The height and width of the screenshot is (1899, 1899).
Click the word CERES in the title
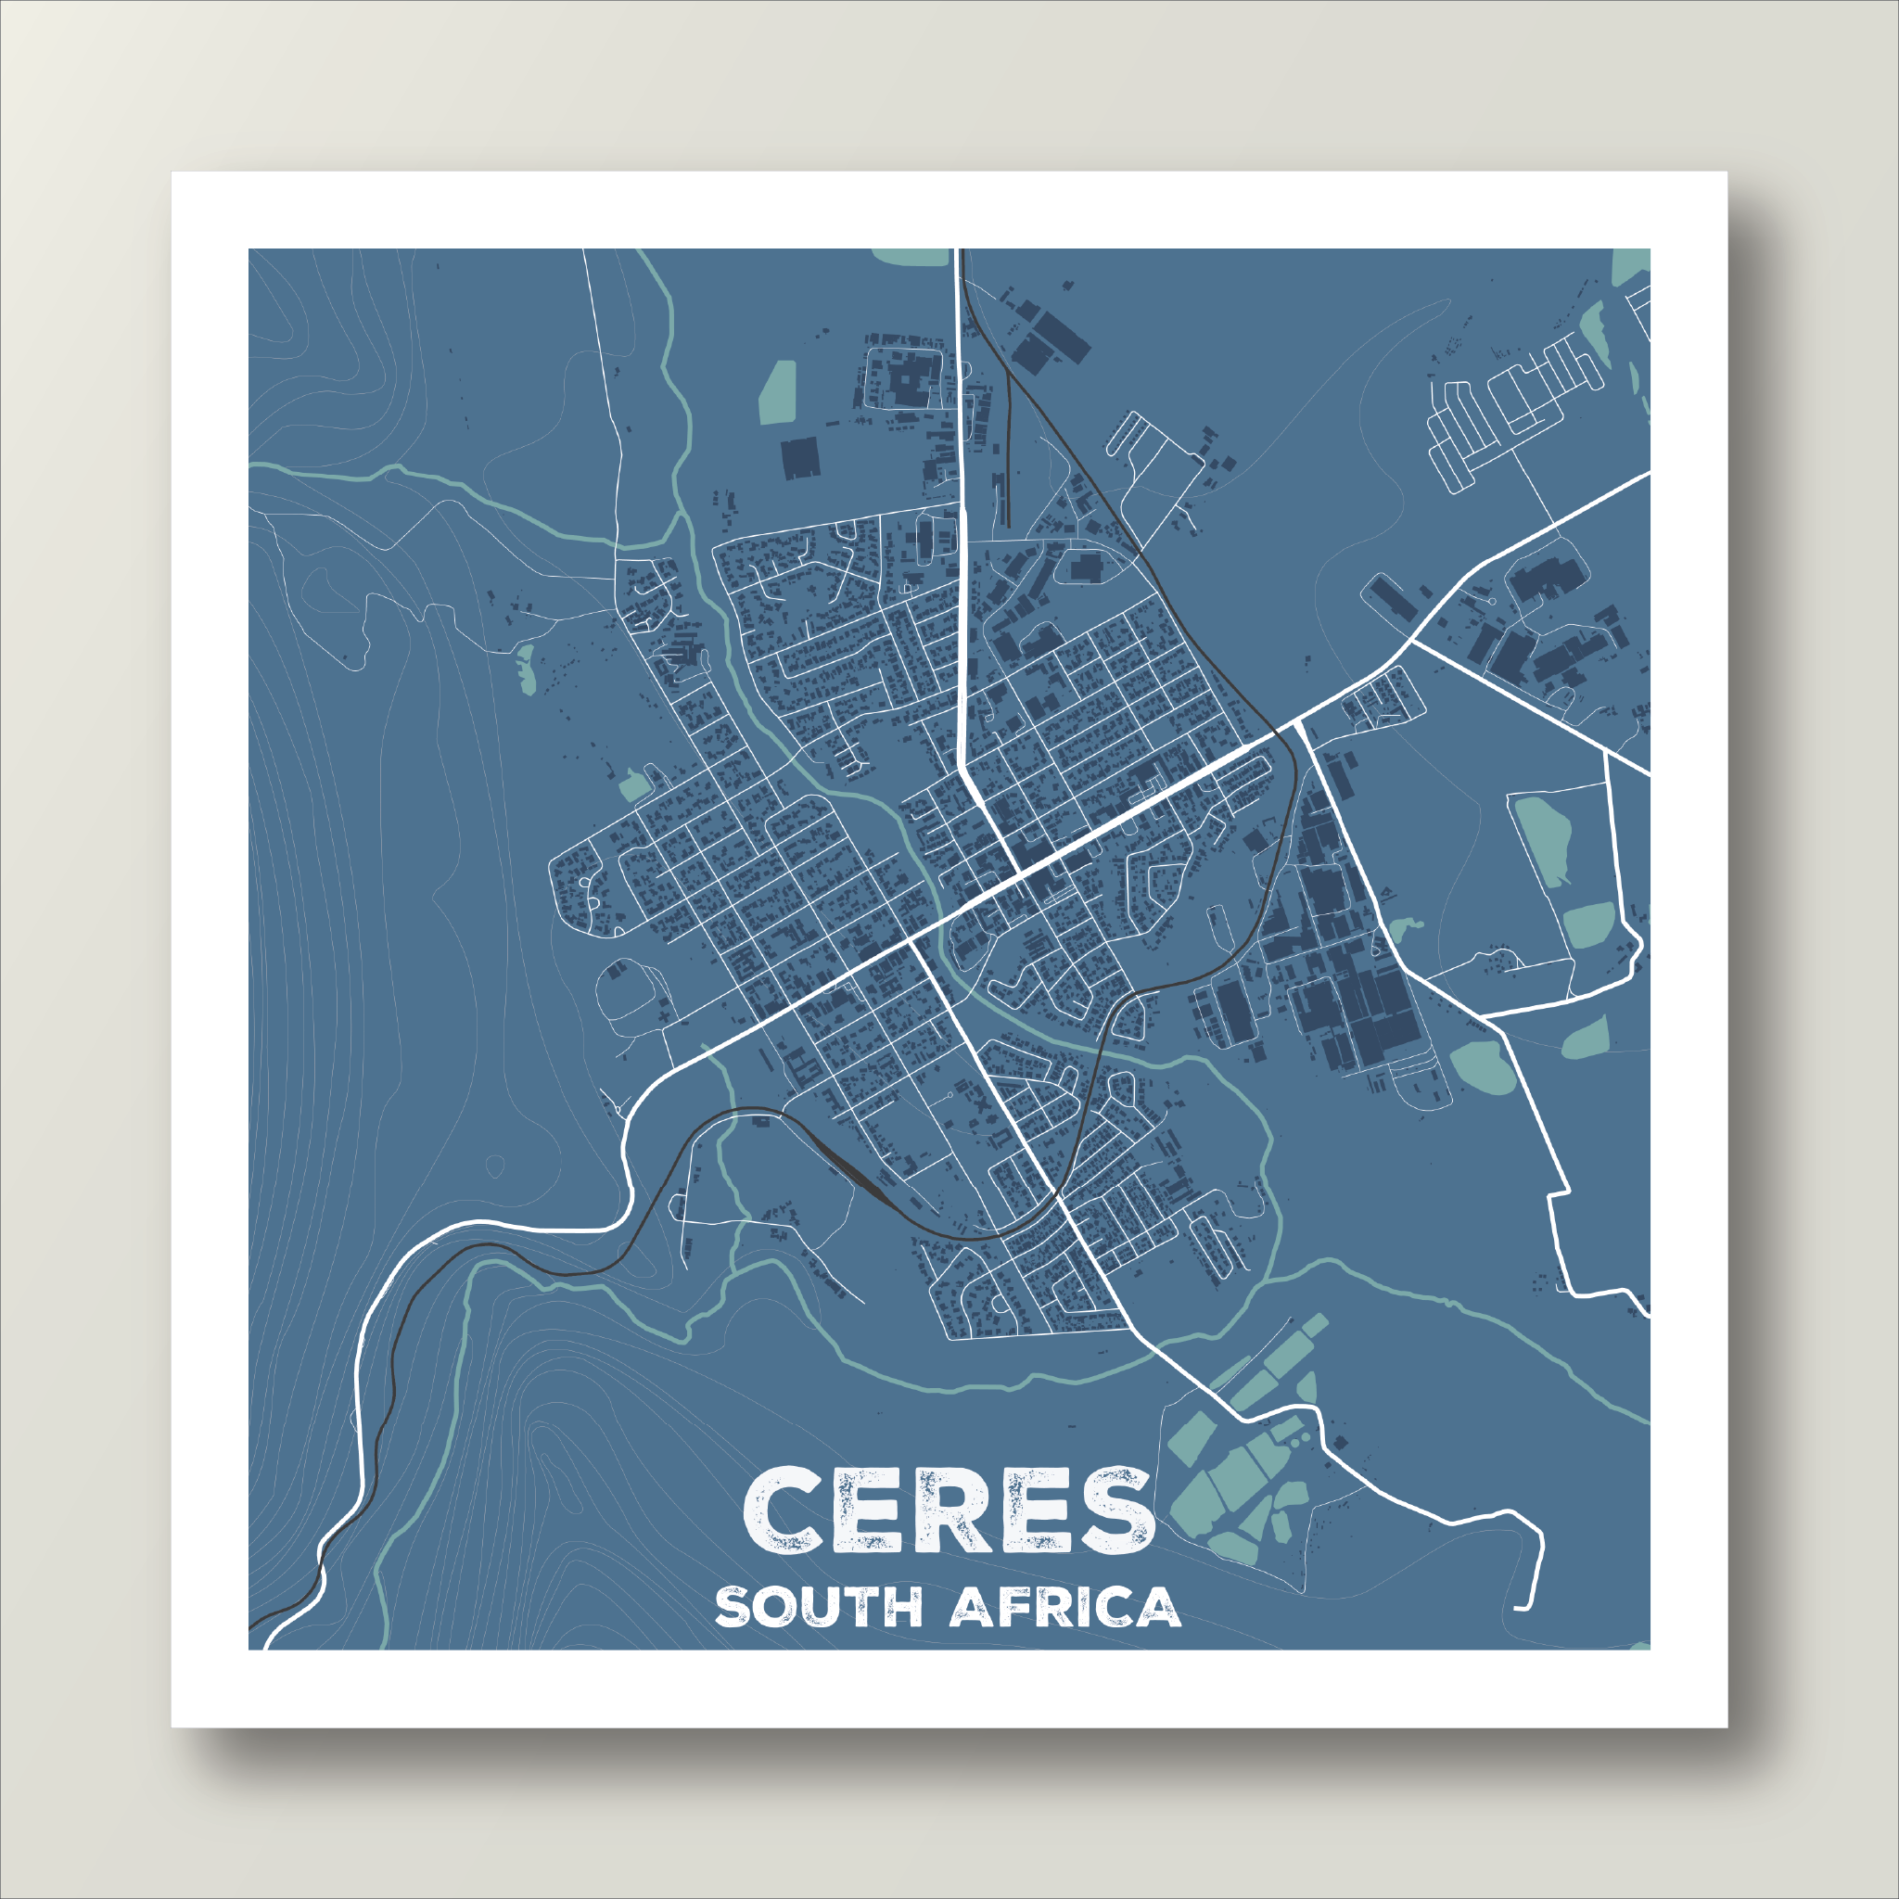pos(948,1511)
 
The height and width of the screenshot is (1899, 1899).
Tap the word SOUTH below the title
pos(818,1608)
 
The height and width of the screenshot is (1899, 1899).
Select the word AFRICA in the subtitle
pos(1065,1608)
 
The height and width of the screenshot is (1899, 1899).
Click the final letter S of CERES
pos(1116,1511)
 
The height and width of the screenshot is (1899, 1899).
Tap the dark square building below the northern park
pos(800,458)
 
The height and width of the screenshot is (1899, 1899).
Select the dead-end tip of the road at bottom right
pos(1519,1609)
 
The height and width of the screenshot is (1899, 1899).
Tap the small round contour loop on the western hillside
pos(494,1166)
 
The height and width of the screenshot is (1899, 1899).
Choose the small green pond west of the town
pos(527,669)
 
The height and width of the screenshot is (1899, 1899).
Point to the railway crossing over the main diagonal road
pos(1278,733)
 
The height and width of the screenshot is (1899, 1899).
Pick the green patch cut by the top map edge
pos(911,256)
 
